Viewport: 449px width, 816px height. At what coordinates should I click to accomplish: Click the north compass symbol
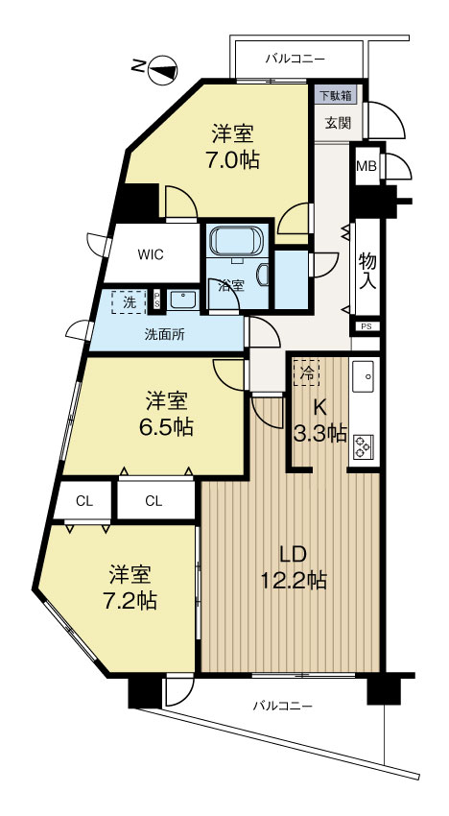[x=162, y=70]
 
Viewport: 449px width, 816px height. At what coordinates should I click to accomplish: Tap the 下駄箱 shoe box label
[x=335, y=95]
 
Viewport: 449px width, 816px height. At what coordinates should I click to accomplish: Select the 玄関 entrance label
[x=338, y=123]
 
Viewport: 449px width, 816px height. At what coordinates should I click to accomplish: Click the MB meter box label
[x=366, y=166]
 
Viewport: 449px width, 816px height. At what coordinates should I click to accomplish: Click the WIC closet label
[x=151, y=255]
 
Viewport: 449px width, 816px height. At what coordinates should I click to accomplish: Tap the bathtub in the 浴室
[x=237, y=240]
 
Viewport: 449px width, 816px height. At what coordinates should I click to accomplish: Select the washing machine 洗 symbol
[x=129, y=302]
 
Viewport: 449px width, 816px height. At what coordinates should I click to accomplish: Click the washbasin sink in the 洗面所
[x=182, y=300]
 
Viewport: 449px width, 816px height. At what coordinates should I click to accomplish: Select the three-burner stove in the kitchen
[x=362, y=446]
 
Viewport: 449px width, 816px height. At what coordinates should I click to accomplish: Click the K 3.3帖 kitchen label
[x=320, y=420]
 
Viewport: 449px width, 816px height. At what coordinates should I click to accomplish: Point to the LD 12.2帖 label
[x=295, y=567]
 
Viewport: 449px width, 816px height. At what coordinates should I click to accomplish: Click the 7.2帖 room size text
[x=132, y=602]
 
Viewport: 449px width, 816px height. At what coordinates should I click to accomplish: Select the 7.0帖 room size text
[x=233, y=159]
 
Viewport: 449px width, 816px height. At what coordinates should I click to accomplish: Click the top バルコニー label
[x=295, y=59]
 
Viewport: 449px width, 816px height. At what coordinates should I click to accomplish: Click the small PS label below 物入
[x=366, y=326]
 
